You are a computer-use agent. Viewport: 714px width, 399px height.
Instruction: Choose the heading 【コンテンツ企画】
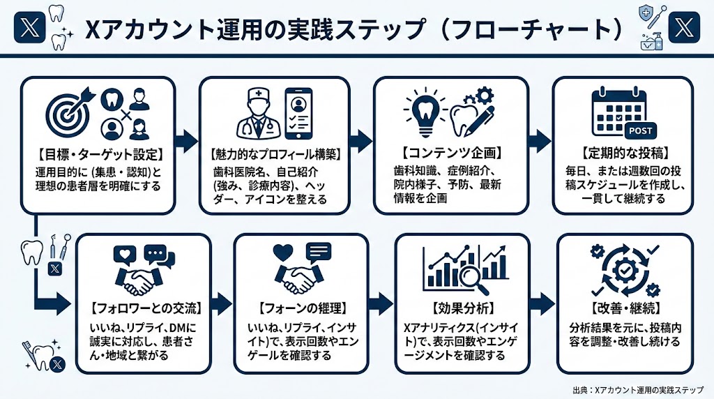coord(449,151)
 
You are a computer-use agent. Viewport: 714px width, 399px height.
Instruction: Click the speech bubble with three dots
coord(155,255)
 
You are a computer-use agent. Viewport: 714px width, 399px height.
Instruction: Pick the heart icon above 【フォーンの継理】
coord(283,252)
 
